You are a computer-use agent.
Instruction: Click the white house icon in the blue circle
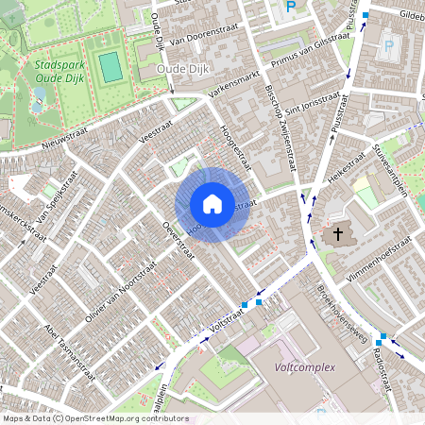[212, 203]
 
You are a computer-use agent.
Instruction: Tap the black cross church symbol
[337, 232]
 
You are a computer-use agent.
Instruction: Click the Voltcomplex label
[305, 366]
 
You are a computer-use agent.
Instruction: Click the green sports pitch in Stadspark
[110, 66]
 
